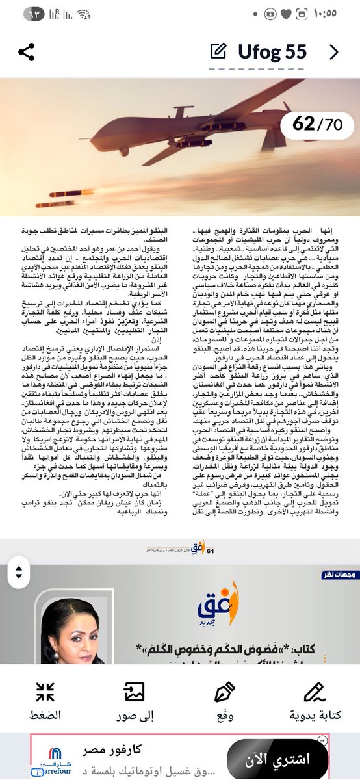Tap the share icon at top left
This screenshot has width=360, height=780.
click(26, 53)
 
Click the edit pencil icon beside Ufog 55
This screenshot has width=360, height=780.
click(219, 52)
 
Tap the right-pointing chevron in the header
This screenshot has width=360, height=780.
click(334, 52)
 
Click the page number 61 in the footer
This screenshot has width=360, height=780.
click(210, 552)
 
